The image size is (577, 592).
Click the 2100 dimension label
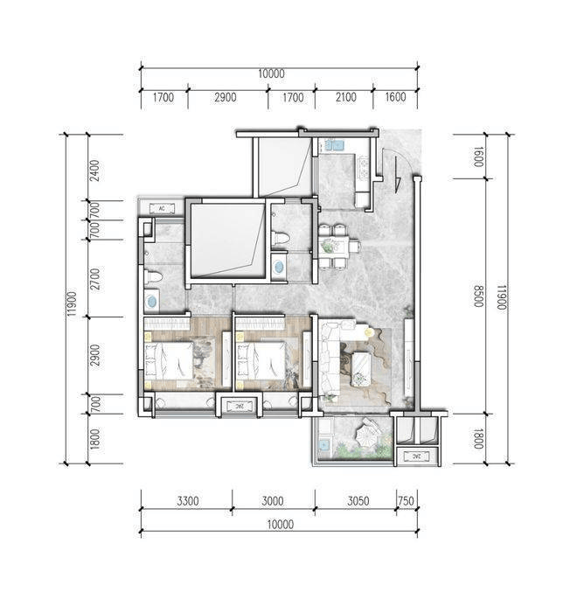(x=345, y=97)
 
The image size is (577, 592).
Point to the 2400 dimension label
(x=95, y=171)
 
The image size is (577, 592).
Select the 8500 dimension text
(x=478, y=296)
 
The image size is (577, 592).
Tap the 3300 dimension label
(x=188, y=501)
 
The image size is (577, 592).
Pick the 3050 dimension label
(x=358, y=501)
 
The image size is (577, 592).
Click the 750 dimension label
(x=406, y=501)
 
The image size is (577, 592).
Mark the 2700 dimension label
(x=95, y=279)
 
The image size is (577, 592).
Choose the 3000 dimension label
(x=273, y=501)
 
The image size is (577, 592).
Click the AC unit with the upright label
(x=162, y=208)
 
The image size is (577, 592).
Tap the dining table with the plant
(x=334, y=246)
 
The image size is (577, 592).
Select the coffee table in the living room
(x=362, y=369)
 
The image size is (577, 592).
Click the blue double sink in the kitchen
(x=334, y=145)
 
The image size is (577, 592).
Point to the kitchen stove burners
(x=364, y=168)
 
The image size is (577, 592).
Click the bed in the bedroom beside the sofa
(x=262, y=359)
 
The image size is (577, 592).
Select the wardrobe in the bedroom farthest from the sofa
(x=167, y=324)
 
